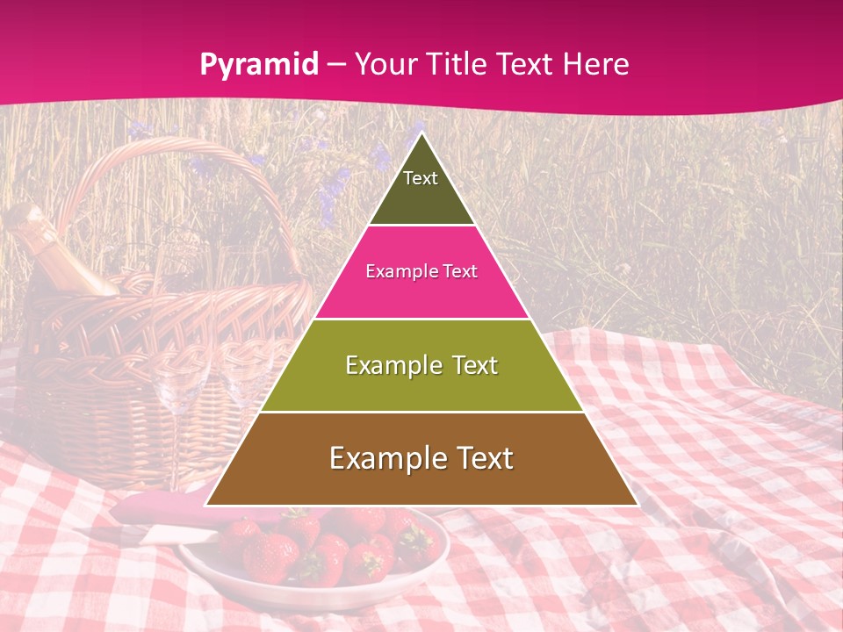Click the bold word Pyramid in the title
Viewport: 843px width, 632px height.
pos(258,64)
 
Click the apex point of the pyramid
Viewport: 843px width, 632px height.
pos(421,134)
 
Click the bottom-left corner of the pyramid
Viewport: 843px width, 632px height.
pos(206,505)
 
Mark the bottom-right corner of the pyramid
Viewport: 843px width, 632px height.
pos(637,505)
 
